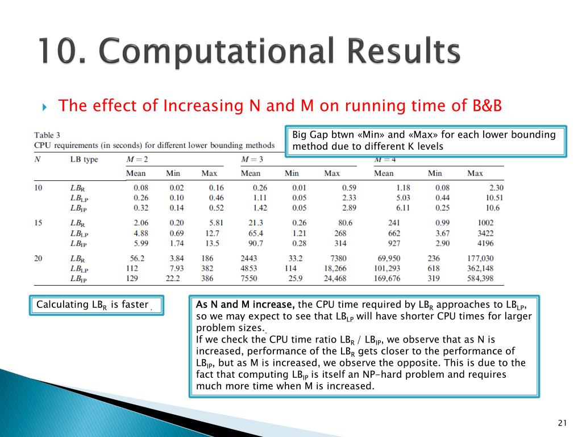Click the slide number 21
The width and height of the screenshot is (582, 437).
tap(563, 422)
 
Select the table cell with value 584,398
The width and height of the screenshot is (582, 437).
tap(480, 278)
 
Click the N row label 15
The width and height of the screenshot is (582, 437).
tap(39, 222)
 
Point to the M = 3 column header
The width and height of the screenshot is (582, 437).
tap(252, 159)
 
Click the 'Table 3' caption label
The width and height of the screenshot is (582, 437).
tap(47, 135)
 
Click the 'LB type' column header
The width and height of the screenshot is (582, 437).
tap(84, 159)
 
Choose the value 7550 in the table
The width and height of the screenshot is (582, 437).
tap(250, 278)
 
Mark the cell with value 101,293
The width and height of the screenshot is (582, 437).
tap(386, 268)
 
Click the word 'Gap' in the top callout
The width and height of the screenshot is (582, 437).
tap(321, 135)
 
